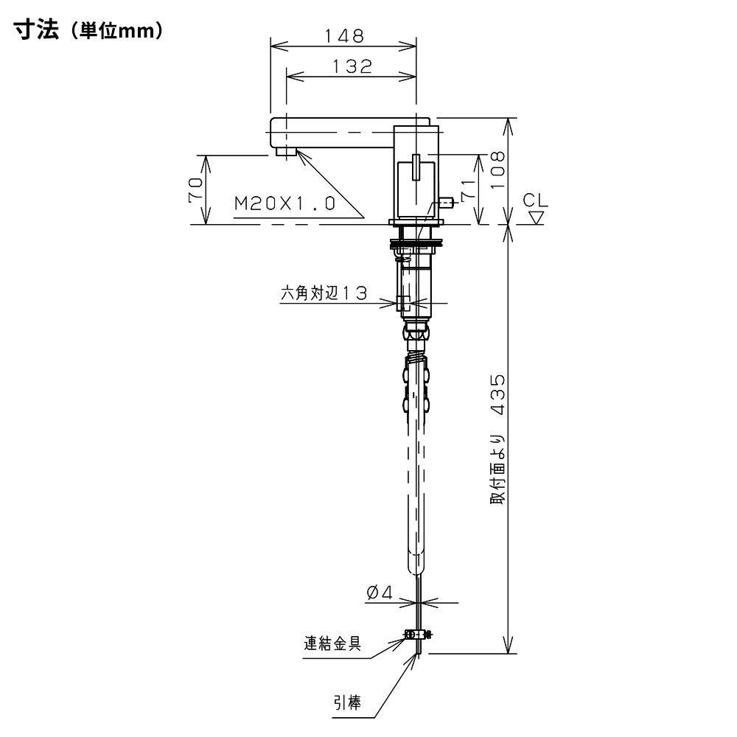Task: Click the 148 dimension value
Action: point(344,35)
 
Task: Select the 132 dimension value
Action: point(352,66)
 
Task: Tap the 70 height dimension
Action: point(196,189)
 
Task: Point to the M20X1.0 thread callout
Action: point(284,203)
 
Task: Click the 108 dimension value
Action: point(497,170)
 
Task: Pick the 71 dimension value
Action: point(468,189)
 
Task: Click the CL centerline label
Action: point(535,200)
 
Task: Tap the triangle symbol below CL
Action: point(537,217)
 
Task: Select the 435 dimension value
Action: point(497,394)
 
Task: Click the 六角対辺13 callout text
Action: point(324,293)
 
